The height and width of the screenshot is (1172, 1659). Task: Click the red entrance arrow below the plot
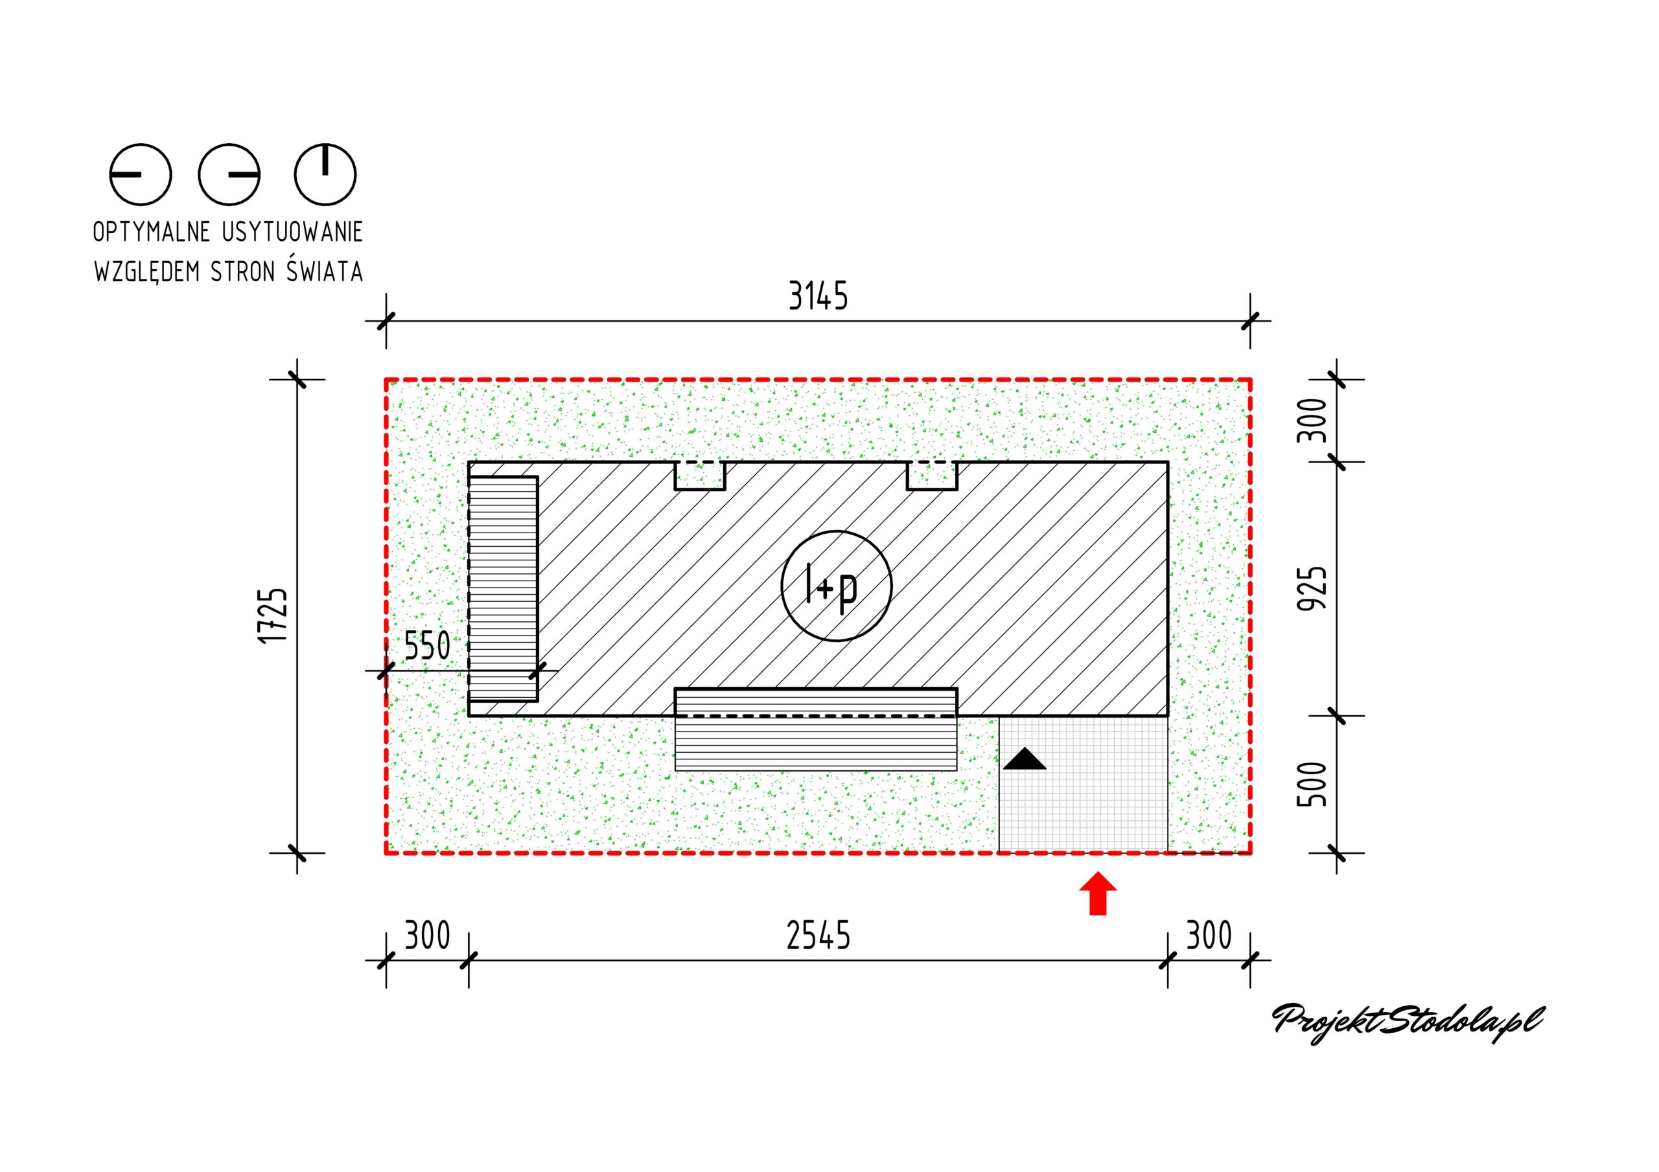coord(1098,894)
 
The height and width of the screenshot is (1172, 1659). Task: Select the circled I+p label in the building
coord(836,586)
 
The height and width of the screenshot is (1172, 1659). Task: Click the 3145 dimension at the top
coord(818,296)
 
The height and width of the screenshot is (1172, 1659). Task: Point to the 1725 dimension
coord(272,615)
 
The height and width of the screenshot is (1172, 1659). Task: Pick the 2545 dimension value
coord(818,936)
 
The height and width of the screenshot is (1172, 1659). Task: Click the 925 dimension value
coord(1313,588)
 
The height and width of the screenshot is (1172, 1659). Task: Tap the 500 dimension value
coord(1313,785)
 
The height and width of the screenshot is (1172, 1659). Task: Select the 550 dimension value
coord(427,646)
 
